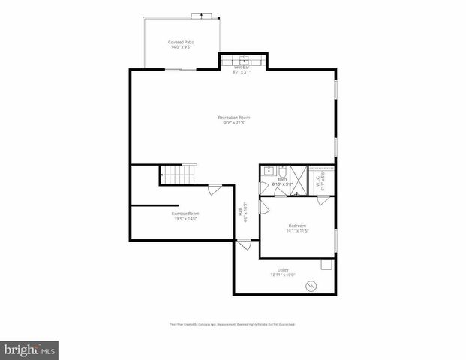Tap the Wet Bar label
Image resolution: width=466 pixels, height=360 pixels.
242,70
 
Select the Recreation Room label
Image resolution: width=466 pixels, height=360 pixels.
233,120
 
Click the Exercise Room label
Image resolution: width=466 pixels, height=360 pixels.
186,216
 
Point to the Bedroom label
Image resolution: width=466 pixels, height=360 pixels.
297,228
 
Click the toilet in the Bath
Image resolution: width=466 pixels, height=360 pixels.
282,171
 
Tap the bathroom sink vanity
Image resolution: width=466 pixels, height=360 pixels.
268,172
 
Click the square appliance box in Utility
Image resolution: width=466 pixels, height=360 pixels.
326,264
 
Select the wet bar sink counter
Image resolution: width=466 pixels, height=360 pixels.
243,60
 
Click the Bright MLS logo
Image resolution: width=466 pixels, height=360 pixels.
30,349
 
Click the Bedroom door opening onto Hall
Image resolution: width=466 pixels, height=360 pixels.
262,205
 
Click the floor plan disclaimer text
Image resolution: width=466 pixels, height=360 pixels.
232,324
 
